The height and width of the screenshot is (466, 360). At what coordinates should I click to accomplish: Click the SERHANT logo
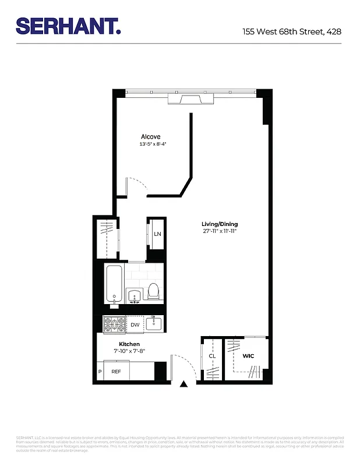point(68,26)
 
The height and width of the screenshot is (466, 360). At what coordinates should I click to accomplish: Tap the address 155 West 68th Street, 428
point(291,31)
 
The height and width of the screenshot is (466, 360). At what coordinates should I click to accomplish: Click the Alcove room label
point(150,137)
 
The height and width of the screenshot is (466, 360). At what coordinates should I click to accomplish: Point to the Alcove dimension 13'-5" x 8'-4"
point(153,144)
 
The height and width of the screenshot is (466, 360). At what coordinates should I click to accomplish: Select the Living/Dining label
point(220,224)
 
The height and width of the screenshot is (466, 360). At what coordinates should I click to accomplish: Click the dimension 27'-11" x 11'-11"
point(220,232)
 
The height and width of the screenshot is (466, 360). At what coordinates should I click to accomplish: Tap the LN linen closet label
point(157,234)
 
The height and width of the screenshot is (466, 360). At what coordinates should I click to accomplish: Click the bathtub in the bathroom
point(114,284)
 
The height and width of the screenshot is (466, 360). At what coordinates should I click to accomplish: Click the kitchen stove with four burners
point(114,324)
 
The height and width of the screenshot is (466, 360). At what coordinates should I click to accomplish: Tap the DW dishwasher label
point(135,325)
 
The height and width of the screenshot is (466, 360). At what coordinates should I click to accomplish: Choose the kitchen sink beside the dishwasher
point(154,324)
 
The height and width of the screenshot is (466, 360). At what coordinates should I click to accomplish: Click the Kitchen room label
point(129,344)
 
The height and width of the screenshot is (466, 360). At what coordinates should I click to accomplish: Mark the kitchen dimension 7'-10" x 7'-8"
point(129,351)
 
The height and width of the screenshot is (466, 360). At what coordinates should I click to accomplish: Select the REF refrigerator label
point(117,371)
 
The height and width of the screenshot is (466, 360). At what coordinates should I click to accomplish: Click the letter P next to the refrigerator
point(100,371)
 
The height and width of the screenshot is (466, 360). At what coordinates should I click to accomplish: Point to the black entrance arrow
point(184,384)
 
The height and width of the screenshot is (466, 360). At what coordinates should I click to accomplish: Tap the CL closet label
point(212,356)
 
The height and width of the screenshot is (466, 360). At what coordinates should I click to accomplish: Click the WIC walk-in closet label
point(248,356)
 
